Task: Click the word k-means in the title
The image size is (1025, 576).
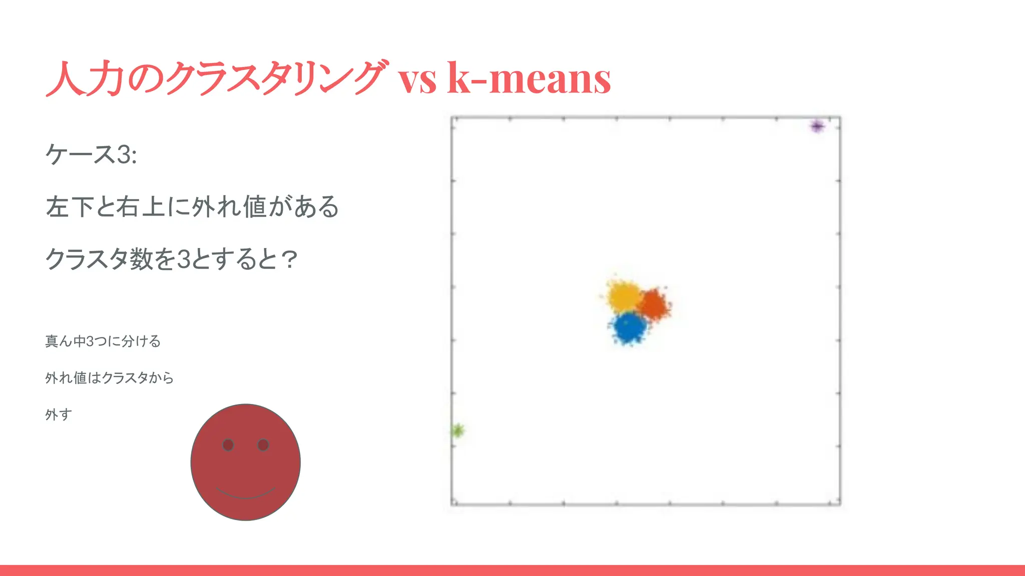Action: tap(529, 78)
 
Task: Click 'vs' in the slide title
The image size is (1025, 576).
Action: tap(417, 80)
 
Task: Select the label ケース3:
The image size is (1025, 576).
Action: tap(91, 154)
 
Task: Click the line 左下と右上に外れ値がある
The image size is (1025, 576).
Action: tap(192, 207)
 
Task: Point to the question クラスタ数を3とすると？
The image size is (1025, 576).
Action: tap(171, 259)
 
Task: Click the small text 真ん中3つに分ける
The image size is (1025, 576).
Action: tap(103, 341)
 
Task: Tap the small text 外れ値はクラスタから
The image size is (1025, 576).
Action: tap(109, 378)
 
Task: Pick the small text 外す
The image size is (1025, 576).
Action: tap(59, 414)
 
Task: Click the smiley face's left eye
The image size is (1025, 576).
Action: tap(228, 445)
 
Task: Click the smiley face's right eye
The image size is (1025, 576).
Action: tap(263, 445)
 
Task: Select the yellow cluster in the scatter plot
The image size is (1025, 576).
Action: tap(623, 295)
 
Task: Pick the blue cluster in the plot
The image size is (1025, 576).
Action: tap(629, 327)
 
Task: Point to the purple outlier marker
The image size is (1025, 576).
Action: tap(817, 126)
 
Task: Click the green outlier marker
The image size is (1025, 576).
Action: tap(457, 430)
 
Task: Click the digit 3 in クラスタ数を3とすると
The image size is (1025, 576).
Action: tap(184, 259)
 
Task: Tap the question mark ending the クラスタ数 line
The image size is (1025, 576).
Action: tap(289, 259)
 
